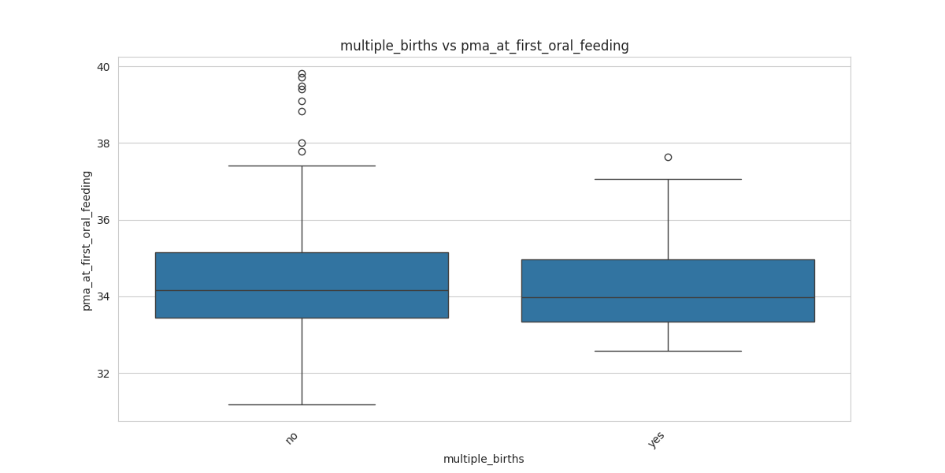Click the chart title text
[x=484, y=46]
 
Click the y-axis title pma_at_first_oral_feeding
[x=87, y=240]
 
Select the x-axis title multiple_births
[x=484, y=459]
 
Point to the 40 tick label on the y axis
[x=103, y=67]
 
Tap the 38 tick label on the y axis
[x=103, y=143]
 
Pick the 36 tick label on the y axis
[x=103, y=220]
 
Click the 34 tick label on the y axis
[x=103, y=296]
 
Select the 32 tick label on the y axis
[x=103, y=373]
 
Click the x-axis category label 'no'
[x=291, y=438]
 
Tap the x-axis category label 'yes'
[x=657, y=440]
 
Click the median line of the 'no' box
[x=302, y=290]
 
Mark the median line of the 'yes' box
[x=668, y=297]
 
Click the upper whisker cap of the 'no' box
[x=302, y=166]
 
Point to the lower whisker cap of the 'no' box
[x=302, y=404]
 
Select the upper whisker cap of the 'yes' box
[x=668, y=179]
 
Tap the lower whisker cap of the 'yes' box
[x=668, y=351]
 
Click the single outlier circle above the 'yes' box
[x=668, y=157]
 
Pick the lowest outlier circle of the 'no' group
[x=302, y=151]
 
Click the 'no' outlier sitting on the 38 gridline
[x=302, y=143]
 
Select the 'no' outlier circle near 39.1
[x=302, y=101]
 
